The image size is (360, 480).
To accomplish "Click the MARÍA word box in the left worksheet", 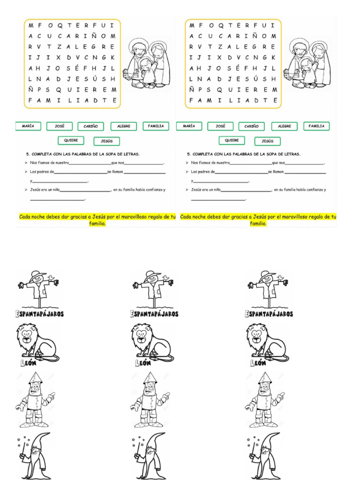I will [28, 126].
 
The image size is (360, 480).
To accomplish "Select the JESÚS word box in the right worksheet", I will [268, 141].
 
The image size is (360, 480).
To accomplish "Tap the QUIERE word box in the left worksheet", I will [71, 140].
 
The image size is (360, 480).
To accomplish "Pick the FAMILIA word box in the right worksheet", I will [316, 126].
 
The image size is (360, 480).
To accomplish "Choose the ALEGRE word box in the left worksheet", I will [124, 126].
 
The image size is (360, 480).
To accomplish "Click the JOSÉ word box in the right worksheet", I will [220, 126].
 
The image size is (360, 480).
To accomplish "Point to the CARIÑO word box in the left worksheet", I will [91, 126].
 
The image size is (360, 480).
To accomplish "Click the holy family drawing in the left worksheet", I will [146, 64].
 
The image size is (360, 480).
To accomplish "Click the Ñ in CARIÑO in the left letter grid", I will [94, 36].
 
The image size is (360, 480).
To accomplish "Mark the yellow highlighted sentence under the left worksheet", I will [97, 220].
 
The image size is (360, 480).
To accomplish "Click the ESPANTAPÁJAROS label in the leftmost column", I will [41, 314].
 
